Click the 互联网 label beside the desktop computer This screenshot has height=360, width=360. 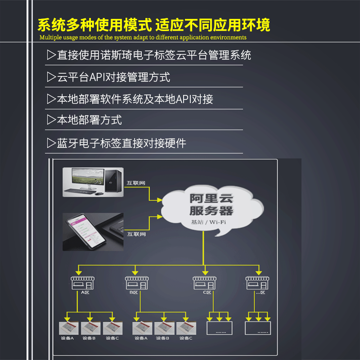(x=136, y=183)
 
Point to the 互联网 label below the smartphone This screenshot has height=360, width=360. (x=136, y=234)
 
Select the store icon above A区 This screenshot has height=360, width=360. (x=82, y=283)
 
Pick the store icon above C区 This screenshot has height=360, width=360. (x=205, y=283)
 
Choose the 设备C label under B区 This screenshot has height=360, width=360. (x=184, y=338)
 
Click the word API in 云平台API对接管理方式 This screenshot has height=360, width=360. (x=97, y=77)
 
